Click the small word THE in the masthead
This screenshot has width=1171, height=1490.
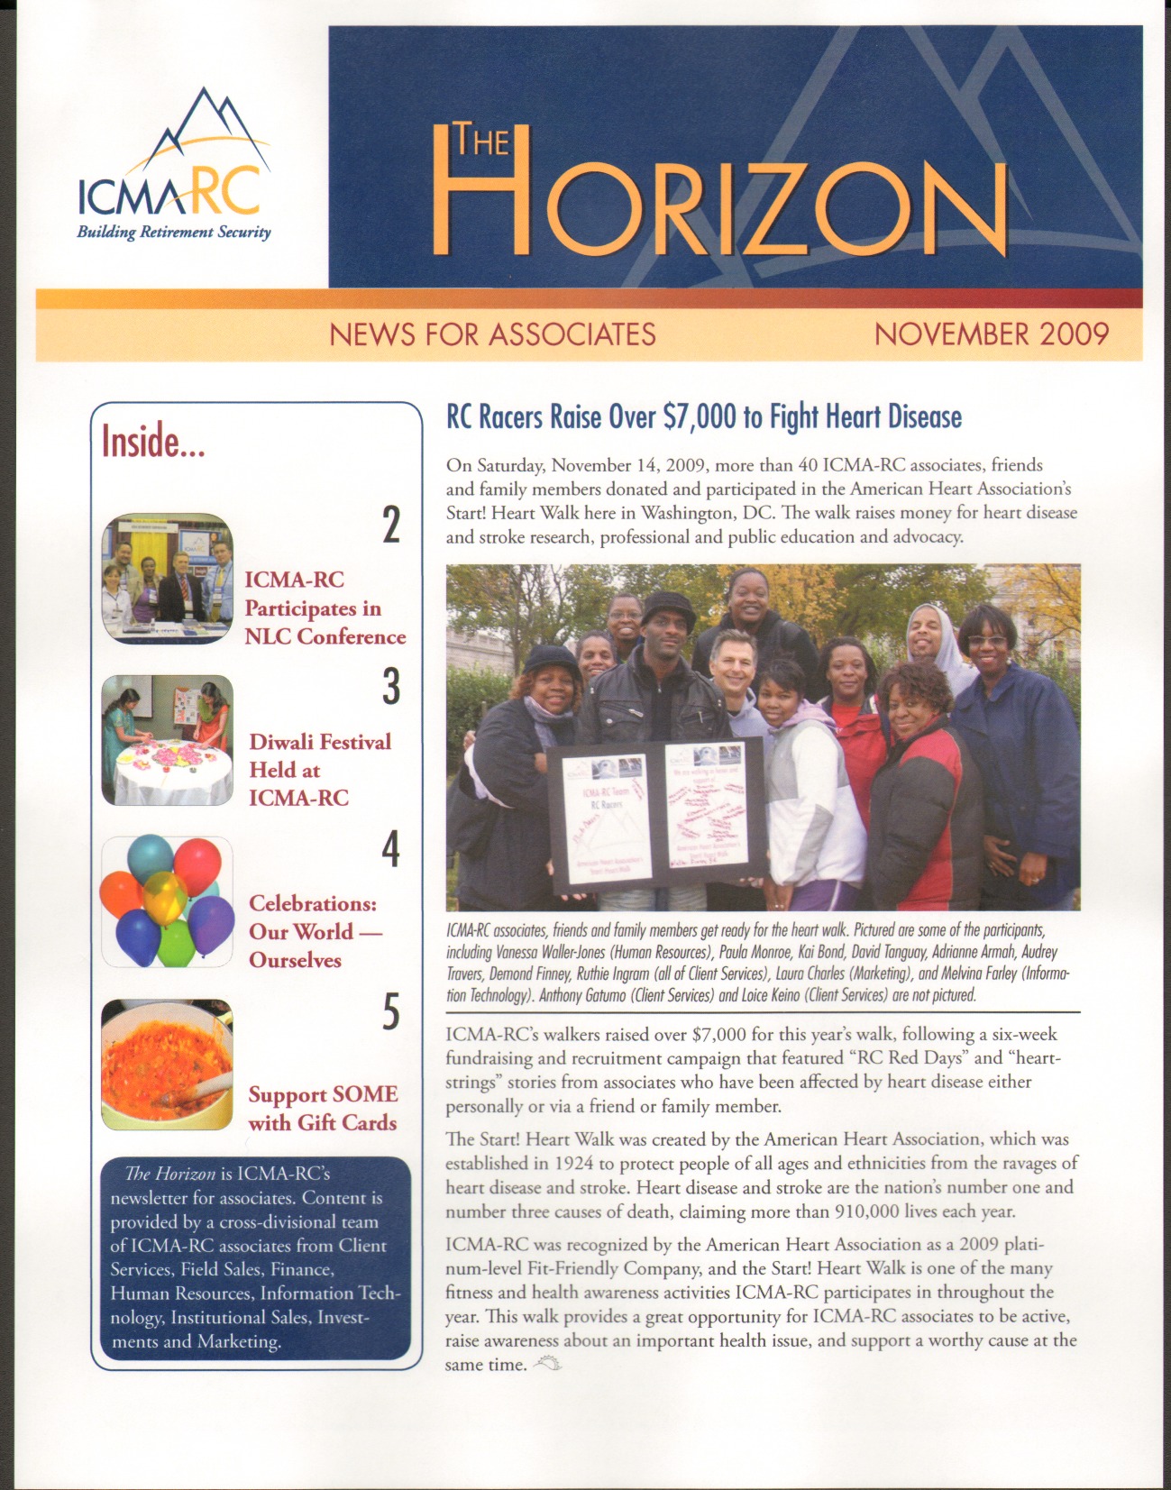click(481, 142)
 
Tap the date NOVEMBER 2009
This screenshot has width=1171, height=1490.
click(991, 334)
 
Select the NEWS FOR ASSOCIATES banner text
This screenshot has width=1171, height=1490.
click(492, 334)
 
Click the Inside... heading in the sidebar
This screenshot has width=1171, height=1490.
click(153, 442)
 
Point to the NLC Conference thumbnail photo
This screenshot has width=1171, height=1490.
click(167, 579)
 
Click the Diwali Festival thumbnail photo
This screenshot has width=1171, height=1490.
click(167, 740)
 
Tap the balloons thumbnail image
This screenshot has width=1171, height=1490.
click(167, 901)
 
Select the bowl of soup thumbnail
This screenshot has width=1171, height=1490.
click(167, 1065)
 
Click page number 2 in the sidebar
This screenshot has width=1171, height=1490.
click(390, 525)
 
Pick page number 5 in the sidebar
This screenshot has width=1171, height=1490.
click(390, 1011)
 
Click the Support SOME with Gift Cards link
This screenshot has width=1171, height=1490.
click(323, 1108)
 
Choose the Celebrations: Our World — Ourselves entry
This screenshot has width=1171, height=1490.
click(315, 931)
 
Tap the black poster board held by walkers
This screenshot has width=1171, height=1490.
click(655, 815)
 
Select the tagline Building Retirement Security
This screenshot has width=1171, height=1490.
click(174, 232)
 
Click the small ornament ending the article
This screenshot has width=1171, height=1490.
click(547, 1365)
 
